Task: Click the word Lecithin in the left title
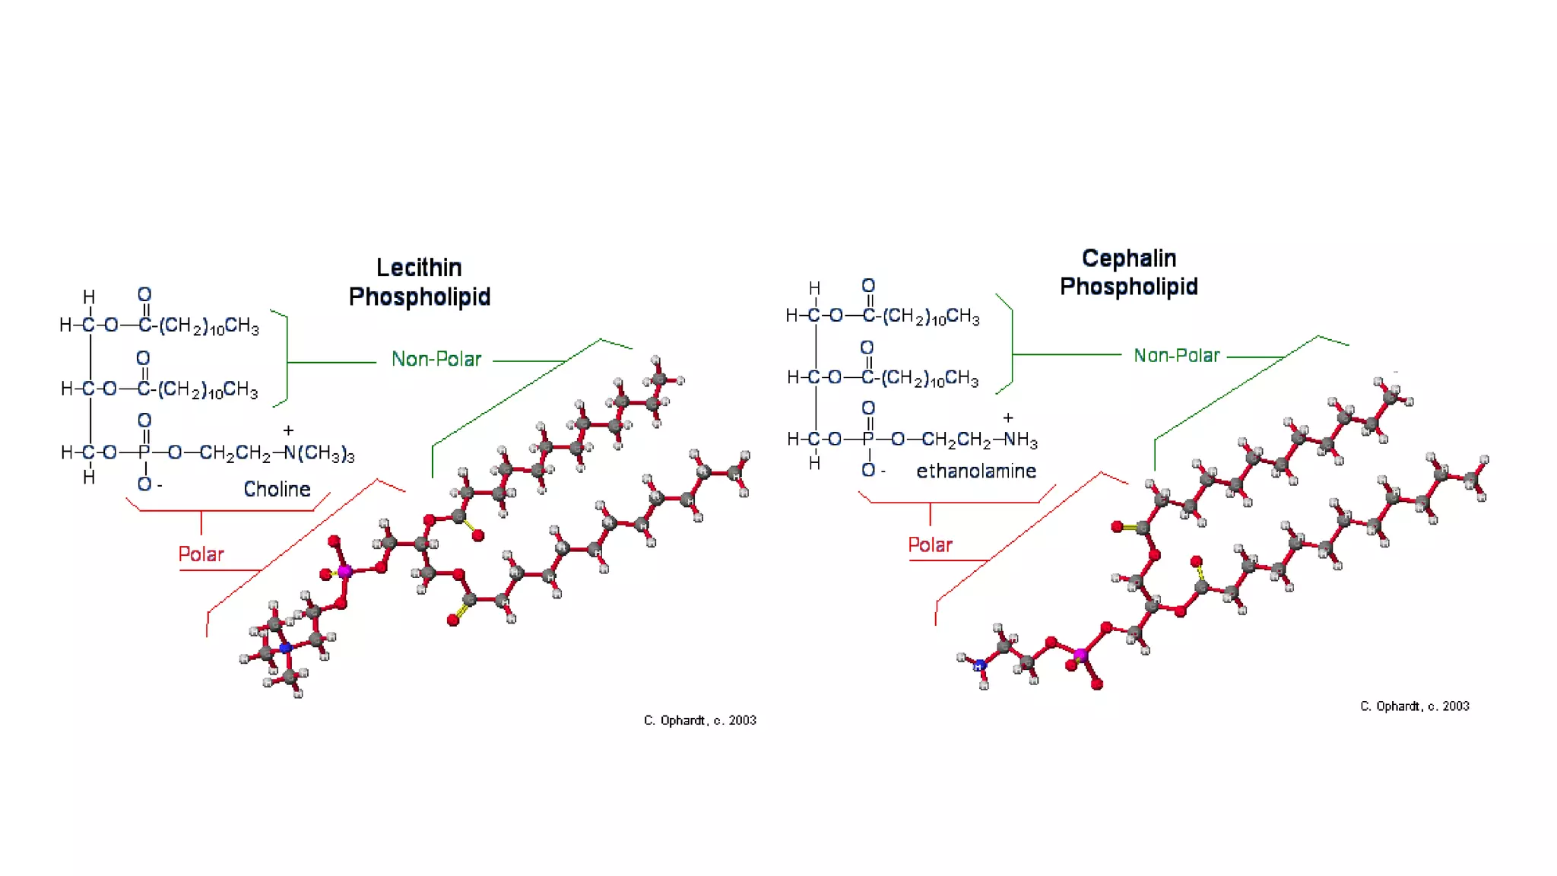[419, 268]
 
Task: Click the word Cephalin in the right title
[1129, 259]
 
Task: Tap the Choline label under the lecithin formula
[277, 489]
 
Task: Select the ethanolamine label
[976, 471]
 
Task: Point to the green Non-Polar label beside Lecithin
[436, 359]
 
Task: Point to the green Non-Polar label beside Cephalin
[1176, 355]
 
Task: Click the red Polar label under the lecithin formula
[201, 554]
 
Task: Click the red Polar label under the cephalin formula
[930, 544]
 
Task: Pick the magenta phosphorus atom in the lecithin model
[344, 571]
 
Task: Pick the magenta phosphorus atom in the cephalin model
[1080, 654]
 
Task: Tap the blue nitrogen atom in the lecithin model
[286, 649]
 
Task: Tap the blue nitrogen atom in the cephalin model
[980, 666]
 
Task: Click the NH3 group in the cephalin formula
[1020, 440]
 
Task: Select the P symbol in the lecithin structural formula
[144, 453]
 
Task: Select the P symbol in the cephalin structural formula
[868, 440]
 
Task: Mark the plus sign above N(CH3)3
[288, 430]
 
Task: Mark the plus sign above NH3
[1008, 417]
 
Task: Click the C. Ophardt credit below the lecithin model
[699, 720]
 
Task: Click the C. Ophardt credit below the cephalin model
[1414, 706]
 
